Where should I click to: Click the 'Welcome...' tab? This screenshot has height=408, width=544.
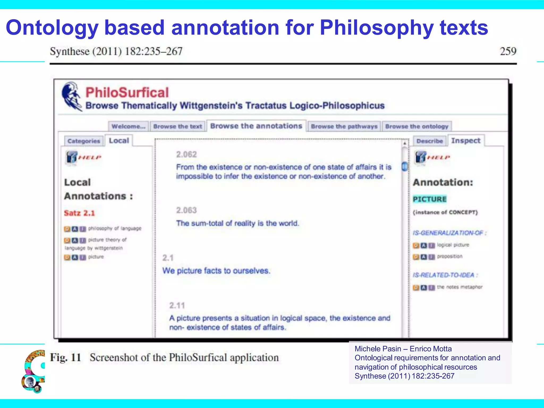(x=128, y=126)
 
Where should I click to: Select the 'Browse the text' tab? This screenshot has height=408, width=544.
(x=178, y=126)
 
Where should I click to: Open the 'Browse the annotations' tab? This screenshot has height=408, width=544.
(x=256, y=126)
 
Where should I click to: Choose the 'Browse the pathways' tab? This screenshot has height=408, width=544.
(x=344, y=126)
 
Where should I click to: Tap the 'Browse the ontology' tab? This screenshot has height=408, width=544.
(x=416, y=126)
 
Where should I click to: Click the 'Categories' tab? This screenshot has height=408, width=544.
(x=84, y=141)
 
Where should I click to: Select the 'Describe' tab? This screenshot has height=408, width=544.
(x=430, y=141)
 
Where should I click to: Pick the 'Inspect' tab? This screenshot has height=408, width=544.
(x=466, y=141)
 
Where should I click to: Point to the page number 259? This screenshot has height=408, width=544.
(x=508, y=51)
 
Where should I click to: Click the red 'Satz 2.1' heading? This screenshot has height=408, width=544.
(x=79, y=213)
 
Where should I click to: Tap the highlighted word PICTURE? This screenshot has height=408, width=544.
(x=430, y=199)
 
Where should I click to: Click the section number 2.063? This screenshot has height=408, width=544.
(x=186, y=210)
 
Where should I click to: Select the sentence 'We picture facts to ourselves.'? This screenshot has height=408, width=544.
(x=216, y=271)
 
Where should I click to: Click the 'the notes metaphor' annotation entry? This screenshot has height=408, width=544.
(x=460, y=287)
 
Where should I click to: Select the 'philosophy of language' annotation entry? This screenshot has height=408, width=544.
(x=115, y=228)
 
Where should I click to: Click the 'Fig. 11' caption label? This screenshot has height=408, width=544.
(x=65, y=358)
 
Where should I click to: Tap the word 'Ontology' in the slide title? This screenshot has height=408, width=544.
(x=52, y=28)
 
